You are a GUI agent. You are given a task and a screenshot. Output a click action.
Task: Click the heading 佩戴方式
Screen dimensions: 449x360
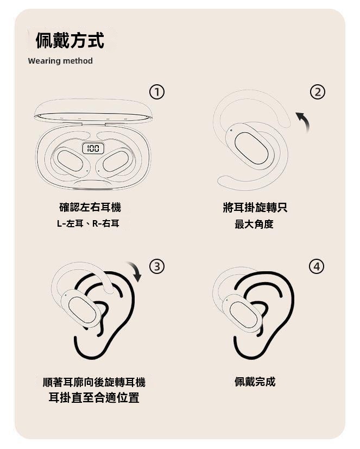70,40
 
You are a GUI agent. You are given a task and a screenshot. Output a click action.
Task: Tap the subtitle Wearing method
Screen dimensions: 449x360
60,61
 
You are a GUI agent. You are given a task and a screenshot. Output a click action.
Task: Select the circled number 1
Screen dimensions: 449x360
156,92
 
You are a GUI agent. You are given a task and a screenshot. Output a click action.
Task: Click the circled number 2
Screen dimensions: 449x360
318,92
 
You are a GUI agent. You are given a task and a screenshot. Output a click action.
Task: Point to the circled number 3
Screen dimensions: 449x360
156,266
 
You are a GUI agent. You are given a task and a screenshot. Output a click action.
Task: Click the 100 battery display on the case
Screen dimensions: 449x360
93,148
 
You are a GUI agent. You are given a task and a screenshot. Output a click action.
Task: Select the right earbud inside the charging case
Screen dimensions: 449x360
116,161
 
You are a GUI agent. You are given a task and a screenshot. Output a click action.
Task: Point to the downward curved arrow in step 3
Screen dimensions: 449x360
134,271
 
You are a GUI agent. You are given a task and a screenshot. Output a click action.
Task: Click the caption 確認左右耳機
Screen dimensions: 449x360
90,207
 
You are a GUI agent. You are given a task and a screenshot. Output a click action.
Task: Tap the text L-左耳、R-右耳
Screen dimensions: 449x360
88,223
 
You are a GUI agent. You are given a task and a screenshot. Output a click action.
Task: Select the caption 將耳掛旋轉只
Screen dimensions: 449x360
255,207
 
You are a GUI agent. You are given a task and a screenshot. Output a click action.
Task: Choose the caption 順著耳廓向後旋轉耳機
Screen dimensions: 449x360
94,382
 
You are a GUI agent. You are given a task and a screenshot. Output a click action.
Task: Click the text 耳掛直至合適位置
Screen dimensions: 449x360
94,398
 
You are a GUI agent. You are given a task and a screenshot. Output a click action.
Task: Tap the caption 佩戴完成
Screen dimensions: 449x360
255,382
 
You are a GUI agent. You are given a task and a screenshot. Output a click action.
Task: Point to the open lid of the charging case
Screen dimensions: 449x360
93,110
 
